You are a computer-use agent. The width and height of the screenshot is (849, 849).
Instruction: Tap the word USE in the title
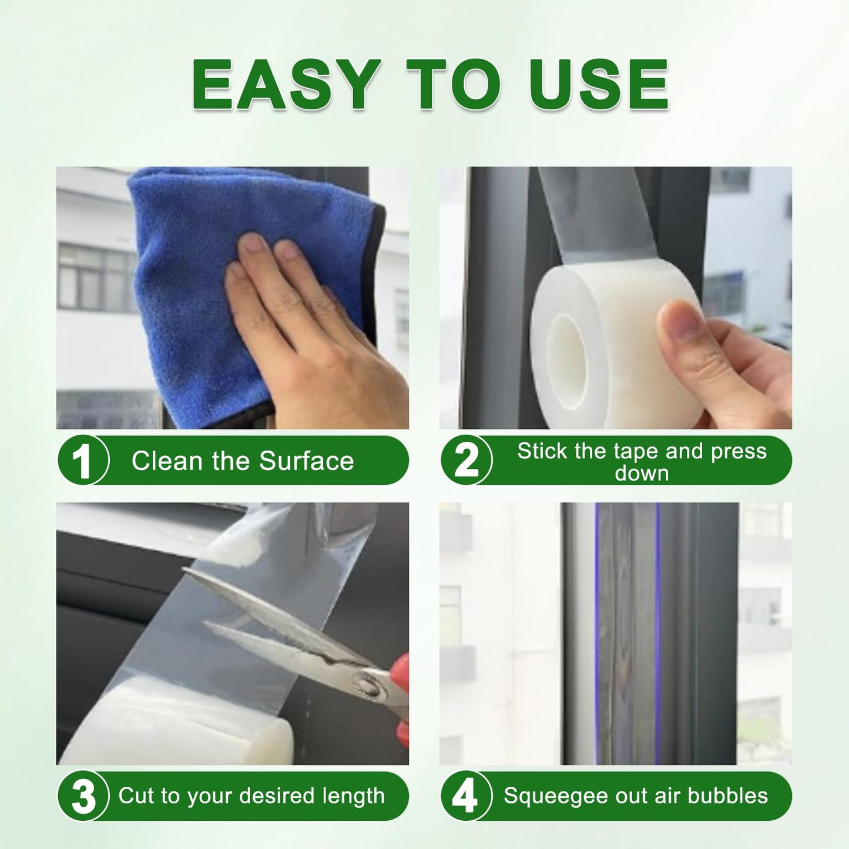pos(599,85)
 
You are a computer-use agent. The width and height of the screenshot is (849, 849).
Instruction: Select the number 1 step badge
pos(83,461)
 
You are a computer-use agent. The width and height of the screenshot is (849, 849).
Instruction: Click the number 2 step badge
pos(467,461)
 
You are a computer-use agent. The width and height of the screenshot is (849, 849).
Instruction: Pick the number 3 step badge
pos(83,797)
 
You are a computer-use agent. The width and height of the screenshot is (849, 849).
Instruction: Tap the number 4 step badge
pos(465,797)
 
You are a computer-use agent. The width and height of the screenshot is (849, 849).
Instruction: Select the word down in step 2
pos(642,473)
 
